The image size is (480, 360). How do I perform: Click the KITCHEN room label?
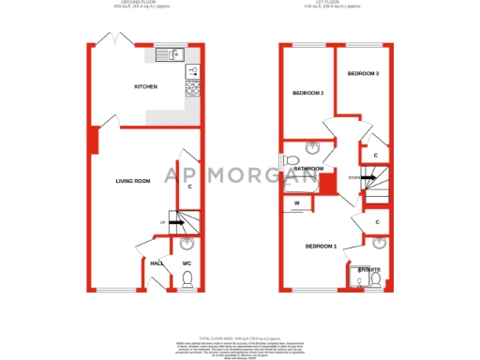[145, 87]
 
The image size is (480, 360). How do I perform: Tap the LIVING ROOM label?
[133, 181]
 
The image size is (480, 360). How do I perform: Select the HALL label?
[157, 263]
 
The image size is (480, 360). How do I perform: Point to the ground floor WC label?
[187, 263]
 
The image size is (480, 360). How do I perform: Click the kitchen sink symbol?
[168, 53]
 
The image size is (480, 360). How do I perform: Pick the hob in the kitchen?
[193, 88]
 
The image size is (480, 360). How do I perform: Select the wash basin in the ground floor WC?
[184, 246]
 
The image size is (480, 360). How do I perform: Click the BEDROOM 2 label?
[307, 93]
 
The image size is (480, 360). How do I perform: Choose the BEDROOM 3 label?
[363, 73]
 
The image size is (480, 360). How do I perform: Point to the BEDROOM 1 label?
[321, 247]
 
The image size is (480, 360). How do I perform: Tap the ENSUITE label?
[369, 270]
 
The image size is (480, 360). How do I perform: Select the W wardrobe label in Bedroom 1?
[296, 202]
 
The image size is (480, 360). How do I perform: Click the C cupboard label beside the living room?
[189, 187]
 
